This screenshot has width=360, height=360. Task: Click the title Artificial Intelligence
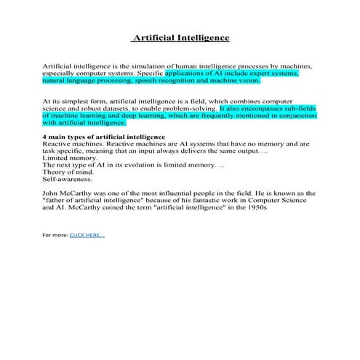[x=180, y=37]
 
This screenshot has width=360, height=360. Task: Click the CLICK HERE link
[x=87, y=235]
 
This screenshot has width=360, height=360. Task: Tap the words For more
[x=55, y=235]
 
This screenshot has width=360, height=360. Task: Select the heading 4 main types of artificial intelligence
[x=104, y=137]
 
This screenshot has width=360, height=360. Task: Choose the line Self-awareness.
[x=68, y=179]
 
